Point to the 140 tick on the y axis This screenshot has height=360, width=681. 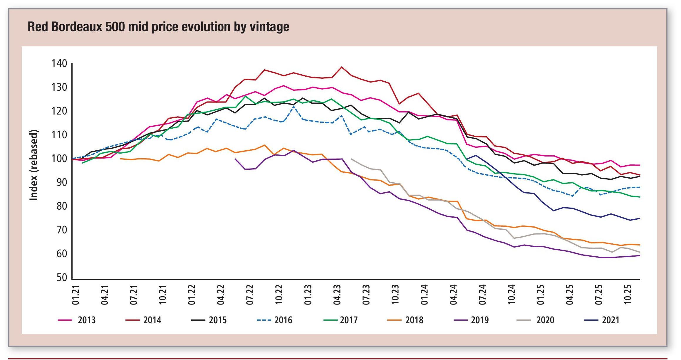59,63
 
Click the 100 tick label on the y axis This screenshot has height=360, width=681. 59,159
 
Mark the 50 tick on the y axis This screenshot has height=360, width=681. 62,278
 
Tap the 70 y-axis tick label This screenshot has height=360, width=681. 62,230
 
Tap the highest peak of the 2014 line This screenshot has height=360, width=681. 341,67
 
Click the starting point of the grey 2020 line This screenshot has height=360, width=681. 351,159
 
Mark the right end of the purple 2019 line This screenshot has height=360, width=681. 640,255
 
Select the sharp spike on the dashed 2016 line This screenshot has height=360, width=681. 293,106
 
